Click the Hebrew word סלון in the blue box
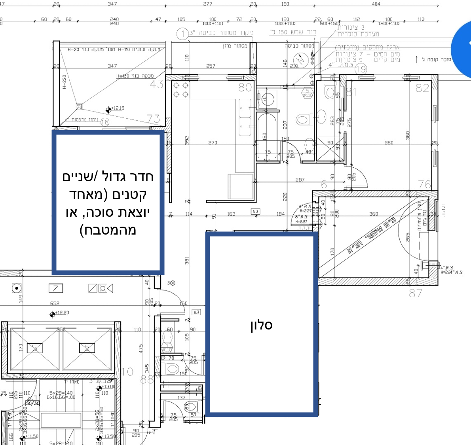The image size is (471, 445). (261, 325)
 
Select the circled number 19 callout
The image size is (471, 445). (361, 70)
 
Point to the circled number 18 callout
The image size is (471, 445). (104, 122)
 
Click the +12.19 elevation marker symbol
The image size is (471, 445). (108, 110)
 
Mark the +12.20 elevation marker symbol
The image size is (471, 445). (52, 314)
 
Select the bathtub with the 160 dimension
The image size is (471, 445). (266, 134)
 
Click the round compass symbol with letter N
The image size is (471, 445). (300, 60)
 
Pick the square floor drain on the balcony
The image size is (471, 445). (79, 106)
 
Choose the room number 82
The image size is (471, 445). (422, 88)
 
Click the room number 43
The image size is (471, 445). (157, 84)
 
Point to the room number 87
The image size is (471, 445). (416, 293)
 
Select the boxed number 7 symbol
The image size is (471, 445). (55, 288)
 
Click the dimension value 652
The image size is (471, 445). (55, 303)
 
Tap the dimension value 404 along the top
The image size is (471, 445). (376, 4)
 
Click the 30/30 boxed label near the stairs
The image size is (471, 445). (32, 403)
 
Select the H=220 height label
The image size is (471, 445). (65, 82)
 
